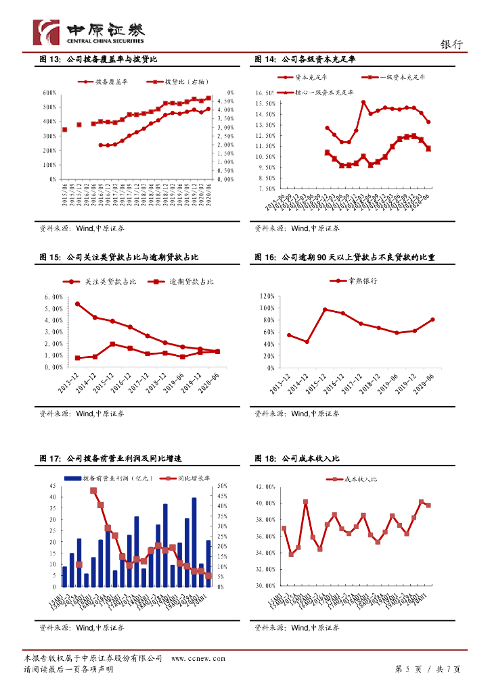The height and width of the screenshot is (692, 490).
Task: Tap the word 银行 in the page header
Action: [451, 45]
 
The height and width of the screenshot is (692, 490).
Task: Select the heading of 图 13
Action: [99, 60]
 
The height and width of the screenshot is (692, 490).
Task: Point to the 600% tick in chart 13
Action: [49, 93]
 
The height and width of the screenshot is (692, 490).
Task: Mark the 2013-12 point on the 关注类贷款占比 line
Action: [77, 304]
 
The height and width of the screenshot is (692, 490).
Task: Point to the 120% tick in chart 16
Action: [265, 297]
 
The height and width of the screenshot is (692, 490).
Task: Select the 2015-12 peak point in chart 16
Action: [325, 310]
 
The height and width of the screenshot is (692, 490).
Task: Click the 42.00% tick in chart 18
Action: [264, 487]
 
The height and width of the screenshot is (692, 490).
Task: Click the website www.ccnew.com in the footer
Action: [198, 658]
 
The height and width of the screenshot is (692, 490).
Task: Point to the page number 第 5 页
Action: [408, 669]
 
